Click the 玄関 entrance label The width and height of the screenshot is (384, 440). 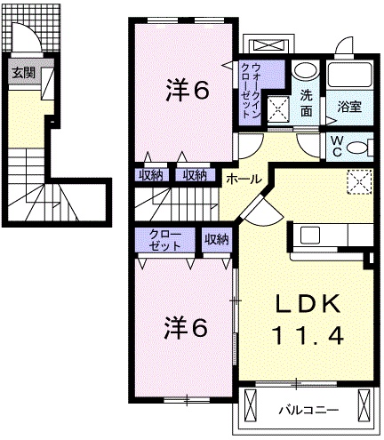pyautogui.click(x=24, y=73)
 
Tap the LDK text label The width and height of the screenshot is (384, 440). pyautogui.click(x=307, y=305)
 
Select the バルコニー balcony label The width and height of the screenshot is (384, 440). pyautogui.click(x=307, y=411)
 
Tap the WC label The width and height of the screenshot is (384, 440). pyautogui.click(x=339, y=144)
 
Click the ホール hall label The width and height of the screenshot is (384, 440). pyautogui.click(x=244, y=179)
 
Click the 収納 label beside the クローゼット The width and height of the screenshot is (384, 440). pyautogui.click(x=216, y=238)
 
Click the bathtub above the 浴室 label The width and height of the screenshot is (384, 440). pyautogui.click(x=350, y=76)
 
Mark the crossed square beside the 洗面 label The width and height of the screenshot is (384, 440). pyautogui.click(x=281, y=108)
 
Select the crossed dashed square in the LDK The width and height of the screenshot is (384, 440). pyautogui.click(x=358, y=181)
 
